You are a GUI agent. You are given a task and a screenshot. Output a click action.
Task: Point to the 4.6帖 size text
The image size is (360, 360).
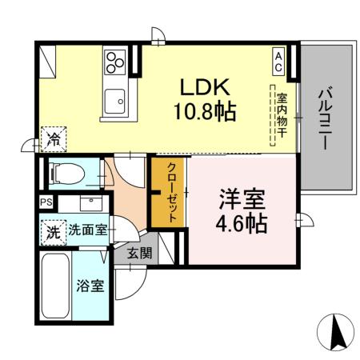coord(241,223)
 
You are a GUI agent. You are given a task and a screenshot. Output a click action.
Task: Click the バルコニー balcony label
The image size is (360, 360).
coord(325,119)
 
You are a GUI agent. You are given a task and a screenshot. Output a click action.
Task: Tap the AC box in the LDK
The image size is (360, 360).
coord(278,62)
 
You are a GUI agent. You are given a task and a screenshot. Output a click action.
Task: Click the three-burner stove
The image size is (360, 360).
coord(115,62)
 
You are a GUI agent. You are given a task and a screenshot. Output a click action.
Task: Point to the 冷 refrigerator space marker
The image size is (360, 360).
coord(54,139)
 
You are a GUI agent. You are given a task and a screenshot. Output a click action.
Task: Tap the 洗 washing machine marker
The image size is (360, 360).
coord(52,231)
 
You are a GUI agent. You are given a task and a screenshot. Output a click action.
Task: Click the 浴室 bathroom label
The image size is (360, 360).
coord(89,286)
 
